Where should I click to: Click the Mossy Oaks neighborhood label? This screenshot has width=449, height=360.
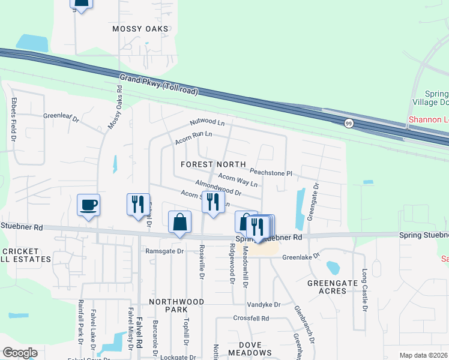pos(140,29)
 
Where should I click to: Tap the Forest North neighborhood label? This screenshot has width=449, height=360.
pos(213,164)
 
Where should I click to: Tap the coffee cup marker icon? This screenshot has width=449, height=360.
pos(88,206)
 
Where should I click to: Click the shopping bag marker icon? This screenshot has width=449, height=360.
pos(179,223)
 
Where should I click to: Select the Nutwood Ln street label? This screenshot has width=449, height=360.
pos(206,122)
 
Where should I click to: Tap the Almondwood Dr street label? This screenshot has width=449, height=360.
pos(217,188)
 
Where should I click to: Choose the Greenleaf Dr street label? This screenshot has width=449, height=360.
pos(61,117)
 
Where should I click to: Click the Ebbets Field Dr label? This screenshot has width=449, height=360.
pos(13,121)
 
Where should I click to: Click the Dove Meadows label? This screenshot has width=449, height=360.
pos(255,349)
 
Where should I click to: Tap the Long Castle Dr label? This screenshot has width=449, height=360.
pos(364,290)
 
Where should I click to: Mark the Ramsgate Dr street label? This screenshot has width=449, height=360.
pos(163,251)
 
